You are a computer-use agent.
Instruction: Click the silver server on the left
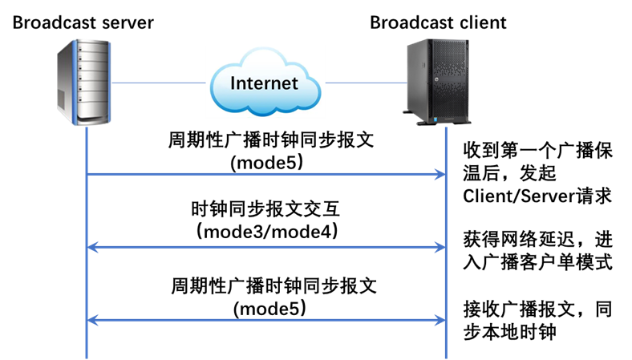pos(83,84)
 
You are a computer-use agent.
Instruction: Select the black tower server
pos(437,82)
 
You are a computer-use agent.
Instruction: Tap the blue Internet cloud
pos(265,81)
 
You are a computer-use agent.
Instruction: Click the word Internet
pos(264,83)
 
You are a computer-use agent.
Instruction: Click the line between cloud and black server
pos(365,82)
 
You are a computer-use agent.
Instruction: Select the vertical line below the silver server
pos(86,241)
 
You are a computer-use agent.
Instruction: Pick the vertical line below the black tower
pos(446,241)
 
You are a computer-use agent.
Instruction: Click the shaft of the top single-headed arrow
pos(265,173)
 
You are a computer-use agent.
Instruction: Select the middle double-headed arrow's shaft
pos(265,247)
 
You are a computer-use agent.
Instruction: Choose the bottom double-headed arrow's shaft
pos(265,320)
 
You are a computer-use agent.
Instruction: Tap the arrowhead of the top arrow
pos(440,173)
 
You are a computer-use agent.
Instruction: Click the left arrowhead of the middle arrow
pos(91,247)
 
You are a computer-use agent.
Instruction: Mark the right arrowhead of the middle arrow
pos(440,247)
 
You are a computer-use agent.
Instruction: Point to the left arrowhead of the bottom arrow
pos(91,320)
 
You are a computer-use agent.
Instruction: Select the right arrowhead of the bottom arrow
pos(440,320)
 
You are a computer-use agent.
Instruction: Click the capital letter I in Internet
pos(233,83)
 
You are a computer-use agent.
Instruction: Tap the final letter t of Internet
pos(294,83)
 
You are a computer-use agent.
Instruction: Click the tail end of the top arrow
pos(88,173)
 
